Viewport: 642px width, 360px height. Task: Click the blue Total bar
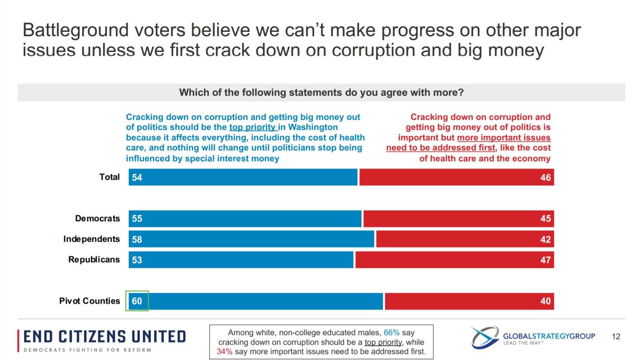tap(243, 177)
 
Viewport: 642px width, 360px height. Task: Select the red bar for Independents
tap(465, 239)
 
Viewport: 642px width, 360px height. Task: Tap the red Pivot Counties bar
tap(469, 301)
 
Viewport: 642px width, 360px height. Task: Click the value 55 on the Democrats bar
tap(137, 219)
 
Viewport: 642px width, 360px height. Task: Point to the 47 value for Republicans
tap(545, 260)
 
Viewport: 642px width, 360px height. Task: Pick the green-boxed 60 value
tap(137, 301)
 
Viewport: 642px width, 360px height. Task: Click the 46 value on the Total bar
tap(545, 177)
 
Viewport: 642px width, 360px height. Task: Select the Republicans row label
tap(94, 259)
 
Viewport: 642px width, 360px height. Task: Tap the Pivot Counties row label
tap(90, 301)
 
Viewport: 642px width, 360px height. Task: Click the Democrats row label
tap(98, 218)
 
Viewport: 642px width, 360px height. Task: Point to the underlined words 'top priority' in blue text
tap(252, 127)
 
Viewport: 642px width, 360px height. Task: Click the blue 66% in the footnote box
tap(391, 333)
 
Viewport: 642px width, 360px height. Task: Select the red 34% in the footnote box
tap(224, 352)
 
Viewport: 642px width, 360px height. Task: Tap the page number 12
tap(616, 336)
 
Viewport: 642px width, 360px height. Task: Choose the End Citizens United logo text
tap(105, 337)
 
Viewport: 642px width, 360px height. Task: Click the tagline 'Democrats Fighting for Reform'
tap(87, 350)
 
